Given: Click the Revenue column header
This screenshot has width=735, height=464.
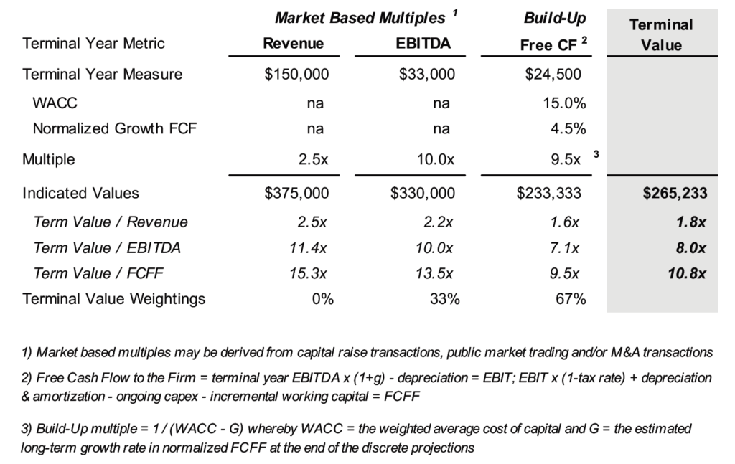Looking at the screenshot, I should pyautogui.click(x=294, y=43).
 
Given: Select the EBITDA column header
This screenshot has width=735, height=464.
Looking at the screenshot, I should pyautogui.click(x=423, y=43).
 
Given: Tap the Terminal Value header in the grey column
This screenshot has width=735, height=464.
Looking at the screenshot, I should pyautogui.click(x=661, y=35).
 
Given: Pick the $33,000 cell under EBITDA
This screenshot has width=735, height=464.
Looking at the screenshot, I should pyautogui.click(x=426, y=74).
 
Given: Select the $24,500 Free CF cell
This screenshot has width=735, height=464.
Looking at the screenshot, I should pyautogui.click(x=553, y=74).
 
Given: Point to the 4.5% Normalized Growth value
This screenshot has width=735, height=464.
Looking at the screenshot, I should pyautogui.click(x=568, y=129).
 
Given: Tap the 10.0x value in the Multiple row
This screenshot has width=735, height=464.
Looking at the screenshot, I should pyautogui.click(x=436, y=159).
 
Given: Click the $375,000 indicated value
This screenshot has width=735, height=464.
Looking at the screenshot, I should pyautogui.click(x=296, y=193).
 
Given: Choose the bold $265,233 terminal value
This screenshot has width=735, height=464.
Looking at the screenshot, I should pyautogui.click(x=674, y=193).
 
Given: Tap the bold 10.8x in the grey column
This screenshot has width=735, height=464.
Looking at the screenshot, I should pyautogui.click(x=688, y=273).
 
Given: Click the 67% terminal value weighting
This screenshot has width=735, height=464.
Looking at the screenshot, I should pyautogui.click(x=571, y=299).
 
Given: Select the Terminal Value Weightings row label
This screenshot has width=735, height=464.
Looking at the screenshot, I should pyautogui.click(x=114, y=299).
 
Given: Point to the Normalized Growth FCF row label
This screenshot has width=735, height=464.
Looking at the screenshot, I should pyautogui.click(x=115, y=129).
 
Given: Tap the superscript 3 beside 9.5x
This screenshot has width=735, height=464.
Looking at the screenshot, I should pyautogui.click(x=595, y=154).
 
